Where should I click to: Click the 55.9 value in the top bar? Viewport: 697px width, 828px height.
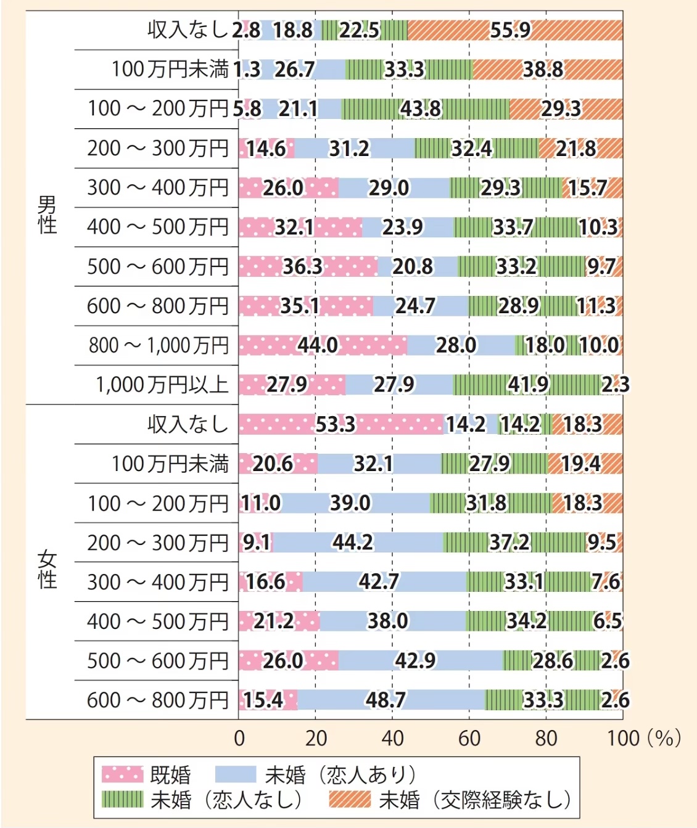(510, 30)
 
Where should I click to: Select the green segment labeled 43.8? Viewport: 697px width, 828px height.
(421, 109)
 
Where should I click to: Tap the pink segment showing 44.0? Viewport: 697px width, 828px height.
(318, 345)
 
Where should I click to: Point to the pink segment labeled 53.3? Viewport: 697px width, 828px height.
(336, 424)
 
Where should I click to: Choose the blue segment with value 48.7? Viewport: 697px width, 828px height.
(386, 700)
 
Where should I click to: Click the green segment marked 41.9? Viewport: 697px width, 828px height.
(528, 385)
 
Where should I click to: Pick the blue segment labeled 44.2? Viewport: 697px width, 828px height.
(353, 543)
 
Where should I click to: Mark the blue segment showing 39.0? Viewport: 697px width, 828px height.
(350, 503)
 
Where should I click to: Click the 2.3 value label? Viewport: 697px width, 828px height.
(616, 385)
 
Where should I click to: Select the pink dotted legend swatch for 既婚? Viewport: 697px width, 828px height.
(122, 774)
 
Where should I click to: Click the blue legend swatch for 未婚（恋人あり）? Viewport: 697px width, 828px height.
(235, 774)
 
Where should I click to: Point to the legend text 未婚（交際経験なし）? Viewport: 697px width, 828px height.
(475, 800)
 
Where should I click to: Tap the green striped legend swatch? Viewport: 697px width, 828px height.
(122, 800)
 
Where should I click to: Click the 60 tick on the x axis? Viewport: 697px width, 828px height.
(469, 738)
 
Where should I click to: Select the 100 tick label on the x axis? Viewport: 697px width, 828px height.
(623, 738)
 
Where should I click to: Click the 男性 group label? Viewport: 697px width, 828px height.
(47, 215)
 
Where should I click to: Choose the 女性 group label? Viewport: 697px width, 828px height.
(47, 570)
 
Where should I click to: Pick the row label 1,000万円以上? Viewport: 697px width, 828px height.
(162, 385)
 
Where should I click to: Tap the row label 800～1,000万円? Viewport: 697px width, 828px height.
(159, 345)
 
